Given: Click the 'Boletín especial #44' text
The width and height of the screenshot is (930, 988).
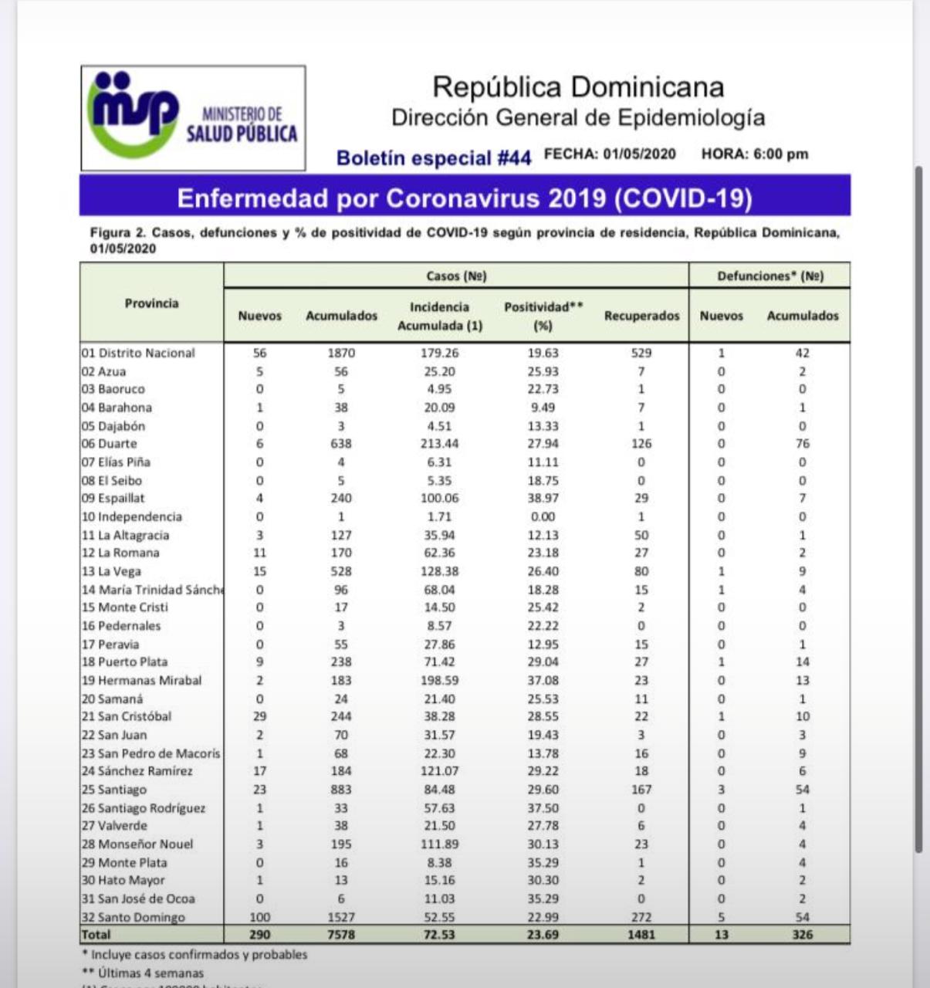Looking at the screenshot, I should (434, 158).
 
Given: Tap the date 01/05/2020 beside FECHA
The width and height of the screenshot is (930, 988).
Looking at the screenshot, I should (639, 154).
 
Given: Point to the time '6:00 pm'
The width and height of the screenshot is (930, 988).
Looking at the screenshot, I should (781, 154).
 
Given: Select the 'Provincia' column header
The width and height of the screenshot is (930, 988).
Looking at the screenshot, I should (151, 303).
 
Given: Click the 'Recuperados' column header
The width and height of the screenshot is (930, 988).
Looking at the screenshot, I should (641, 316).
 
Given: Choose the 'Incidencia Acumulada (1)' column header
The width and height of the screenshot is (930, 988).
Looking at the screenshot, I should (439, 316).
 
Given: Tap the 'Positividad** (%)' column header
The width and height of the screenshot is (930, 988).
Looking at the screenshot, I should (543, 316).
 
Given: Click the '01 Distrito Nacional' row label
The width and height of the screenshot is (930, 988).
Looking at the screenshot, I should (138, 353).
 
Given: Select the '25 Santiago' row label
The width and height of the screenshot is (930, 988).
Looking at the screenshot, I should (114, 790).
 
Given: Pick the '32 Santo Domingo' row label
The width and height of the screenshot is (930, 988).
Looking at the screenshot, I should (134, 917).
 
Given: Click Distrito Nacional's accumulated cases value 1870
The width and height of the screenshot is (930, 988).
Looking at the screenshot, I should (341, 353).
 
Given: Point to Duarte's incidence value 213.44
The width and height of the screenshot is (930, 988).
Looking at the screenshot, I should (439, 444).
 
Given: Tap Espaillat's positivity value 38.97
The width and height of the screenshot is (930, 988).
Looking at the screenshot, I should (543, 499).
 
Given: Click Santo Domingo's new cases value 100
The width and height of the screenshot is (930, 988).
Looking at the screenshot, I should (260, 917).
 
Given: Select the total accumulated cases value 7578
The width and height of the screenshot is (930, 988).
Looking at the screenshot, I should (341, 935).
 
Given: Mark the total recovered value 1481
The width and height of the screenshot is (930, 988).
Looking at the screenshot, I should (641, 935).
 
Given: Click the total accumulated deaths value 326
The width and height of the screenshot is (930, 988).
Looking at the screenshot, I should (803, 935).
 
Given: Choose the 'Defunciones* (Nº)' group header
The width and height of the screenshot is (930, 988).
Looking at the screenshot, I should (770, 276).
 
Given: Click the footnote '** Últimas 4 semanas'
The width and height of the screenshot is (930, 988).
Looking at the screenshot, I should (143, 973).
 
